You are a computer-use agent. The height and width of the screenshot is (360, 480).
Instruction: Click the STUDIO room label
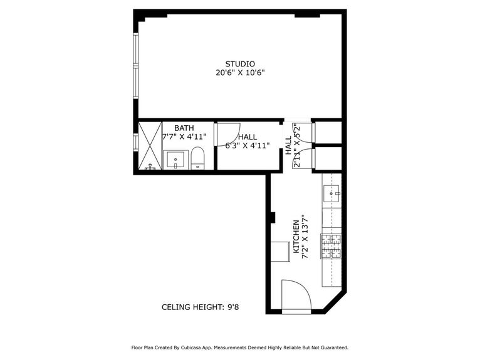pyautogui.click(x=240, y=63)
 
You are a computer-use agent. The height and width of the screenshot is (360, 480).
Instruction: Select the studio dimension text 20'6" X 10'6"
pyautogui.click(x=240, y=73)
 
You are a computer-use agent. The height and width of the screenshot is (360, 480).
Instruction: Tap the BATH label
pyautogui.click(x=184, y=128)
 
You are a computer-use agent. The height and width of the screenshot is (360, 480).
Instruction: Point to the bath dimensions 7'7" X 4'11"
pyautogui.click(x=184, y=136)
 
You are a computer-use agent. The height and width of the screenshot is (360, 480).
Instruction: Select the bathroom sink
pyautogui.click(x=175, y=159)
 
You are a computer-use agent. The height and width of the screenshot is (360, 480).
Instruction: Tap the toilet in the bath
pyautogui.click(x=197, y=159)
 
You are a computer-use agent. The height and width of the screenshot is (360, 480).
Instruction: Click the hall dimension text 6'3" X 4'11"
pyautogui.click(x=247, y=146)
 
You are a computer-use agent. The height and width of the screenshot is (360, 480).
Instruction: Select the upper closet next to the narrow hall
pyautogui.click(x=327, y=132)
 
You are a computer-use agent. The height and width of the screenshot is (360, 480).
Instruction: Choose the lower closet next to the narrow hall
pyautogui.click(x=327, y=158)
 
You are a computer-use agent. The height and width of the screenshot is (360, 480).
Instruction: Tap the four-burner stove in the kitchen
pyautogui.click(x=331, y=246)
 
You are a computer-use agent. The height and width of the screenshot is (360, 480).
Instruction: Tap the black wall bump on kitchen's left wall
pyautogui.click(x=272, y=217)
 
